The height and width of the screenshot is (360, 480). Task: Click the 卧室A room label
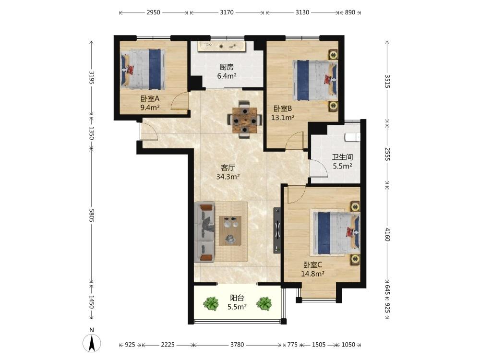(x=150, y=98)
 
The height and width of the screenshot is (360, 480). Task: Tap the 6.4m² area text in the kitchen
(x=227, y=76)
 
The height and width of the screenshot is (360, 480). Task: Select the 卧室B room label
(x=283, y=108)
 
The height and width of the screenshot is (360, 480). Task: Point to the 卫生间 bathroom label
(x=343, y=157)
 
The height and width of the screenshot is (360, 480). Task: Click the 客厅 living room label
(x=228, y=168)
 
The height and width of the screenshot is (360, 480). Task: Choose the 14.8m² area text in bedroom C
(x=313, y=274)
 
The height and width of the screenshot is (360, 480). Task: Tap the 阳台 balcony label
(x=237, y=298)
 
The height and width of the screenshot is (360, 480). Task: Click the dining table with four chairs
(x=245, y=120)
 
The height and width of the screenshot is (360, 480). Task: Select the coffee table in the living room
(x=230, y=231)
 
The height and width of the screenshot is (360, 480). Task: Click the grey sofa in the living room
(x=204, y=232)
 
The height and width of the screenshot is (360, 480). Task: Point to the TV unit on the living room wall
(x=277, y=230)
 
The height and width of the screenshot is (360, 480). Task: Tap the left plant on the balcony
(x=211, y=303)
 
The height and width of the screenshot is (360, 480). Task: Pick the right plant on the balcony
(x=264, y=303)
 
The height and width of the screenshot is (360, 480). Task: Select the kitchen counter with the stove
(x=221, y=46)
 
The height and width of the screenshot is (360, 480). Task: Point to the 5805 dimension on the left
(x=91, y=216)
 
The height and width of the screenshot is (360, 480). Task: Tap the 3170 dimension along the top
(x=227, y=12)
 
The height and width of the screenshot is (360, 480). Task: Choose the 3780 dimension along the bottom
(x=237, y=345)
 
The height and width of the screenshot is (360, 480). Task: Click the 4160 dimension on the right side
(x=387, y=234)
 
